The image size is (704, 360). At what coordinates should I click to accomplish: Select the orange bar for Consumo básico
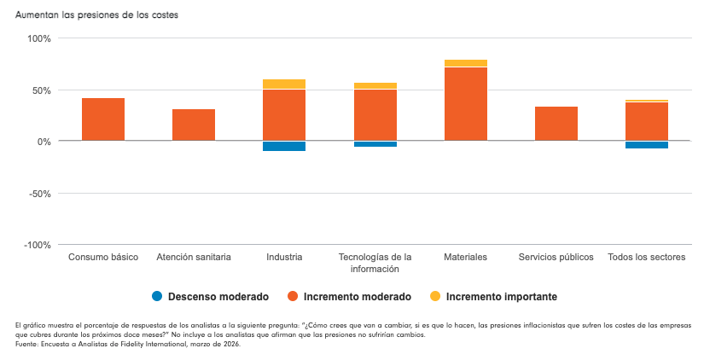[x=103, y=119]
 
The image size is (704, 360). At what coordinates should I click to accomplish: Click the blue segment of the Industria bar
[x=284, y=146]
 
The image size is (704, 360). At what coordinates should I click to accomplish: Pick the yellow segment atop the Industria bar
[x=284, y=84]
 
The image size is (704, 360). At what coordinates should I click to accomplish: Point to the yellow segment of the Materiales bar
[x=466, y=63]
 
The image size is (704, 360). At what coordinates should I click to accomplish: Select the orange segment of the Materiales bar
[x=466, y=104]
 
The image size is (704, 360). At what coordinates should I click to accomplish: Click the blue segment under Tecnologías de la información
[x=375, y=144]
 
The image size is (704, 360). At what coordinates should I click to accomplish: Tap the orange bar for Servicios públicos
[x=556, y=124]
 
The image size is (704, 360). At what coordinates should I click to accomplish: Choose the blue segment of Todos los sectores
[x=647, y=145]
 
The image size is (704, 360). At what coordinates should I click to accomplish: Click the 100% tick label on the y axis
[x=39, y=38]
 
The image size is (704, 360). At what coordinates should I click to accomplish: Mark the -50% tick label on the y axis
[x=40, y=194]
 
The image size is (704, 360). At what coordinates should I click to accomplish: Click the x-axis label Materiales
[x=466, y=257]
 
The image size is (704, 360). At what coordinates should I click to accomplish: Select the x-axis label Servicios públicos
[x=556, y=257]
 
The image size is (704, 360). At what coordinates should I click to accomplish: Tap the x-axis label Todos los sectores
[x=647, y=257]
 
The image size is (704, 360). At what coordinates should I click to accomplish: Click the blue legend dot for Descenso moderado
[x=157, y=297]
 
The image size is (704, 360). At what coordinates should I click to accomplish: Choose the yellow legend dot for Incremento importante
[x=434, y=297]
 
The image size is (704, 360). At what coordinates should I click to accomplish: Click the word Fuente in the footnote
[x=29, y=344]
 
